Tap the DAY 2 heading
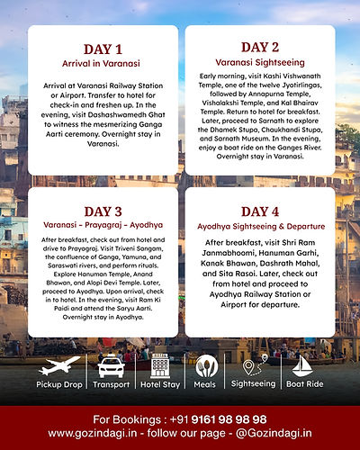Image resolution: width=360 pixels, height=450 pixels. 260,46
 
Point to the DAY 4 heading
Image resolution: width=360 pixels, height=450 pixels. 260,211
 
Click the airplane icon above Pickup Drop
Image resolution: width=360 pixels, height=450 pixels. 59,366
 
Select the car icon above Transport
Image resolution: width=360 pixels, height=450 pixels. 111,367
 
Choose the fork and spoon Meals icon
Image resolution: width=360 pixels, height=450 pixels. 206,367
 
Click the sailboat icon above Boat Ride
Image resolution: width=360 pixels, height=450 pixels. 303,367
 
